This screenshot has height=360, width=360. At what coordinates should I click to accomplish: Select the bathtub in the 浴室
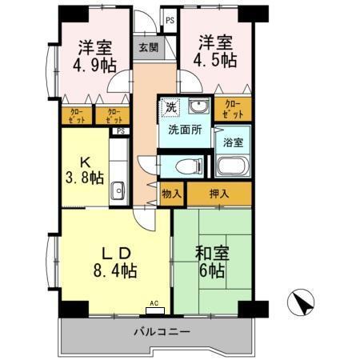pos(233,167)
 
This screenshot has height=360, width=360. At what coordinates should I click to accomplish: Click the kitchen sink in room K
pos(118,190)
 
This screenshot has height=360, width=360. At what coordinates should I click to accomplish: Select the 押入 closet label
pos(219,193)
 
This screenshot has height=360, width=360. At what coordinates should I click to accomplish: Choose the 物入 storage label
pos(172,193)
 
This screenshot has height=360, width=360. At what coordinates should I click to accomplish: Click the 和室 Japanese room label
pos(213,254)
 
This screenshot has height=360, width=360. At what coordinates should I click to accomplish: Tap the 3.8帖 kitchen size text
pos(85,178)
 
